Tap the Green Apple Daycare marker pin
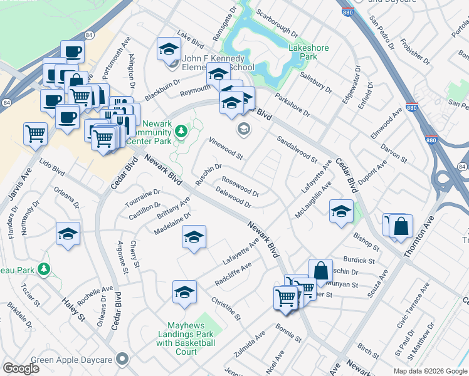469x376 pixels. [x=122, y=359]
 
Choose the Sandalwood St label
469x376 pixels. [x=297, y=150]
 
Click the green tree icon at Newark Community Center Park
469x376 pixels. [x=181, y=132]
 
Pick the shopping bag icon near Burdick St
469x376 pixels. [x=320, y=271]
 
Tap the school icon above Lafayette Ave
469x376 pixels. [x=194, y=237]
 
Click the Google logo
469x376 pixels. [x=21, y=368]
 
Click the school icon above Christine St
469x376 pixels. [x=184, y=291]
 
